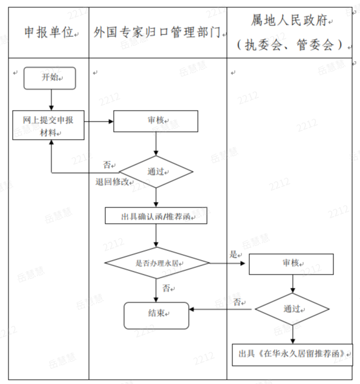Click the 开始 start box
click(50, 78)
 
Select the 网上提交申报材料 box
click(50, 125)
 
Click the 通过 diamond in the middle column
click(156, 172)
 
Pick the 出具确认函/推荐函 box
click(156, 216)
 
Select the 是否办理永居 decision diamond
click(156, 263)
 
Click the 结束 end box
click(156, 313)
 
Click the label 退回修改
click(112, 182)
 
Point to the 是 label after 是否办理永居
click(234, 255)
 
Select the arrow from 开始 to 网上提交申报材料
click(50, 99)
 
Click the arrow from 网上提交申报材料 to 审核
click(100, 122)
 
